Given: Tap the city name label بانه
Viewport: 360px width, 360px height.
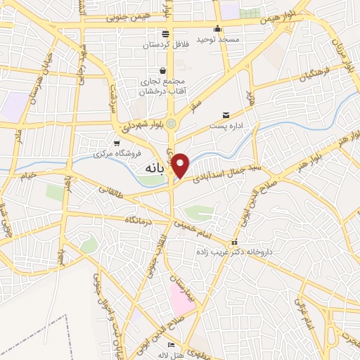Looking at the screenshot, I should click(x=155, y=169).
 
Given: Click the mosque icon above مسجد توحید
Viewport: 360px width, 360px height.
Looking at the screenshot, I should click(x=218, y=29).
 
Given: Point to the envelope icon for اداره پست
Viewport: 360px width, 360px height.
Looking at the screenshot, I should click(x=226, y=115).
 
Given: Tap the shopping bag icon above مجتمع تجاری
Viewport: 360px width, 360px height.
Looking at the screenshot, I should click(x=163, y=70).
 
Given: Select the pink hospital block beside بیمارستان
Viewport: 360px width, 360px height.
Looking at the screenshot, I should click(x=180, y=298).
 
